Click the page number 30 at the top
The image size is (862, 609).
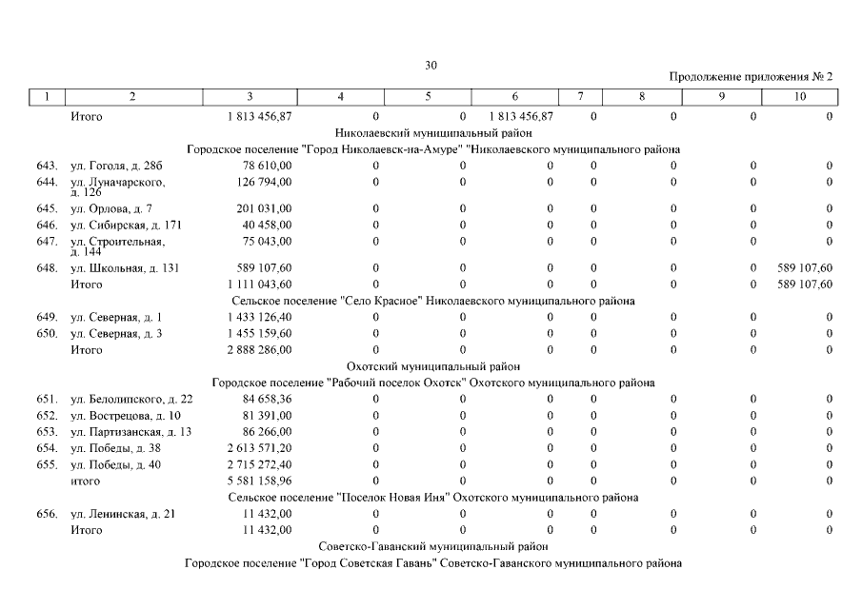(431, 66)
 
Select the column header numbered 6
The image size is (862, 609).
(514, 96)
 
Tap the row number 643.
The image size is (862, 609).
(47, 167)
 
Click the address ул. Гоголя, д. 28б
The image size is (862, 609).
(110, 167)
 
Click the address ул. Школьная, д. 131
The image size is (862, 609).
(125, 268)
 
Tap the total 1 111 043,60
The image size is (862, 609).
(260, 284)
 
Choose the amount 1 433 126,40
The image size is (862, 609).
(260, 317)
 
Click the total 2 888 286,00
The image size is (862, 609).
(260, 350)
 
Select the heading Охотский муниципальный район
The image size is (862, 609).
(432, 366)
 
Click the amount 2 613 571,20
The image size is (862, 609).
(260, 448)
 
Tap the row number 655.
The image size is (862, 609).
(47, 464)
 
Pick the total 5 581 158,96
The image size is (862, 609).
(260, 481)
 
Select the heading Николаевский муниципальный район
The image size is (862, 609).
(433, 133)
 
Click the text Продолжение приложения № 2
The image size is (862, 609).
(752, 76)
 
